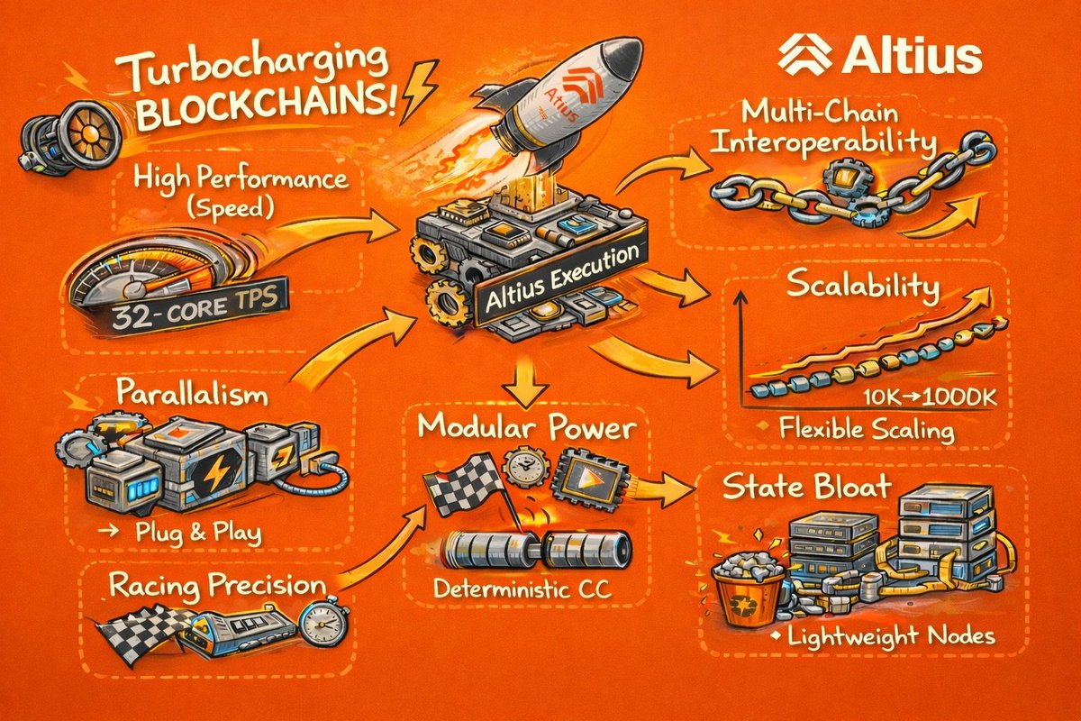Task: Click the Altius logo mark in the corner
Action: pyautogui.click(x=804, y=55)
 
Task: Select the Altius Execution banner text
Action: pyautogui.click(x=562, y=278)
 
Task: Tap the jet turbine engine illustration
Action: pyautogui.click(x=72, y=132)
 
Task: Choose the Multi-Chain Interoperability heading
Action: pyautogui.click(x=823, y=128)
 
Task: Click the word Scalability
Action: pyautogui.click(x=863, y=286)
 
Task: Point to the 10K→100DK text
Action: pyautogui.click(x=929, y=397)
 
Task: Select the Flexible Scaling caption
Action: pyautogui.click(x=867, y=430)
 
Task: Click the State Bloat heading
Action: pyautogui.click(x=807, y=487)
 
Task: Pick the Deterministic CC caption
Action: pyautogui.click(x=522, y=589)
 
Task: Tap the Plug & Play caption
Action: pyautogui.click(x=198, y=532)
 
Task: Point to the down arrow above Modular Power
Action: pyautogui.click(x=525, y=381)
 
